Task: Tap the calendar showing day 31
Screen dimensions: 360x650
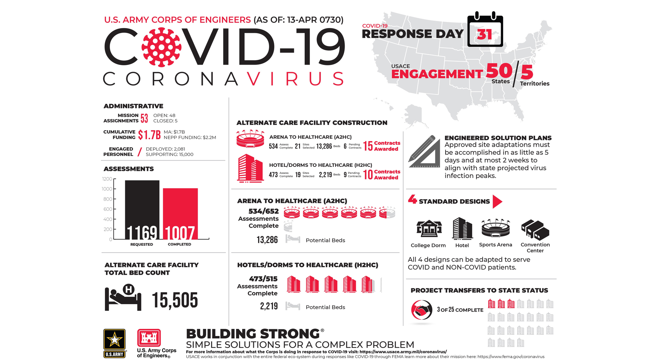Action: click(x=485, y=30)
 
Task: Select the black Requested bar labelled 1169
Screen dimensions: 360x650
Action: click(x=142, y=210)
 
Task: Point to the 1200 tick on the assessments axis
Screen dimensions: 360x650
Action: click(x=107, y=179)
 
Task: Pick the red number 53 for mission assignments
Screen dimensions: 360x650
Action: click(x=144, y=118)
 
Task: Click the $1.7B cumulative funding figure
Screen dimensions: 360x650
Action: click(x=149, y=135)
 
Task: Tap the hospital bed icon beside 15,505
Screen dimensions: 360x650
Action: click(x=123, y=297)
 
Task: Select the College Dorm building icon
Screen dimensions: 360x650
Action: click(x=429, y=229)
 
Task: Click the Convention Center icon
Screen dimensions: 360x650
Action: click(x=535, y=229)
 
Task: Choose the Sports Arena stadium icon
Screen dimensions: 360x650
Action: click(x=496, y=228)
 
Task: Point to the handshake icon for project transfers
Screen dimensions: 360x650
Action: click(x=421, y=310)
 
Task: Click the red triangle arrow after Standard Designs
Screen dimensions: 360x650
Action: click(x=497, y=202)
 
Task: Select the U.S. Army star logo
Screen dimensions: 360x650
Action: click(x=114, y=340)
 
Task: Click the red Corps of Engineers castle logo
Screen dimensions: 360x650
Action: click(x=149, y=338)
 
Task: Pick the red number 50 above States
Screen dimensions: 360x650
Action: click(x=499, y=71)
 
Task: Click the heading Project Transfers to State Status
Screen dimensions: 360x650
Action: click(x=479, y=290)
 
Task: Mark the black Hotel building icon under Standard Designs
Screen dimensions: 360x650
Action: click(x=462, y=228)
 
